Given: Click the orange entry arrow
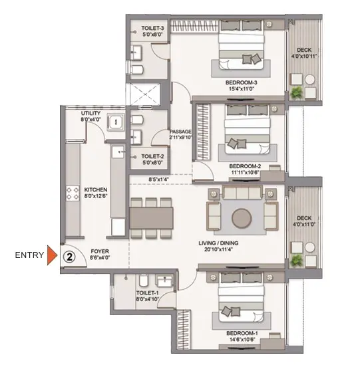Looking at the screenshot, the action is click(52, 255).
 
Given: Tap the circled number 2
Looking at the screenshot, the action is click(69, 257).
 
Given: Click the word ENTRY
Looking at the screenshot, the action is click(29, 255).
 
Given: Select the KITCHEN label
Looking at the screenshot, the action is click(96, 189).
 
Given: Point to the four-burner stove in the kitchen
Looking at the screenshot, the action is click(73, 193).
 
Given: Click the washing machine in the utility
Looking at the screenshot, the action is click(116, 122).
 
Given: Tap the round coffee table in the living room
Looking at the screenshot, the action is click(242, 218).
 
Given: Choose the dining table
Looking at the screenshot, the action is click(151, 218).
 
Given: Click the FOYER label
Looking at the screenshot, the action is click(100, 251).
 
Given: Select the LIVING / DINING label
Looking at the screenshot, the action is click(218, 243).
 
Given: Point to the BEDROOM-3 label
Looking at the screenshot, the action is click(241, 82).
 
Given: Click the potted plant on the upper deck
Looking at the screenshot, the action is click(296, 92).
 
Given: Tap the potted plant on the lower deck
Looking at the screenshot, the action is click(296, 261).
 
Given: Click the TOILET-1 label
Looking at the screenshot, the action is click(147, 293).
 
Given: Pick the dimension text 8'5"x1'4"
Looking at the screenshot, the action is click(158, 180).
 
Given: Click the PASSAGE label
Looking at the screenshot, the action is click(181, 132).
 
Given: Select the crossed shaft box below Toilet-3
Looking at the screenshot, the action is click(144, 94).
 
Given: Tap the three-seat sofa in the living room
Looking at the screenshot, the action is click(242, 192).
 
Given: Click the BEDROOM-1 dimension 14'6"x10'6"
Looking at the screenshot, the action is click(242, 340).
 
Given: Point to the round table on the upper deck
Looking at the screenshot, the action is click(309, 80).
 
